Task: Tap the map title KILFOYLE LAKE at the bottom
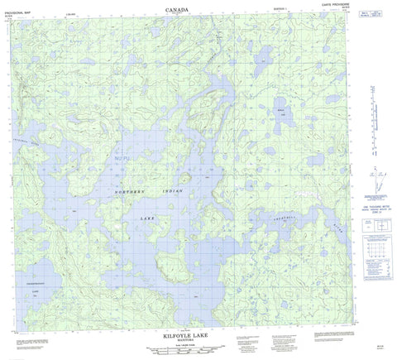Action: [x=191, y=327]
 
